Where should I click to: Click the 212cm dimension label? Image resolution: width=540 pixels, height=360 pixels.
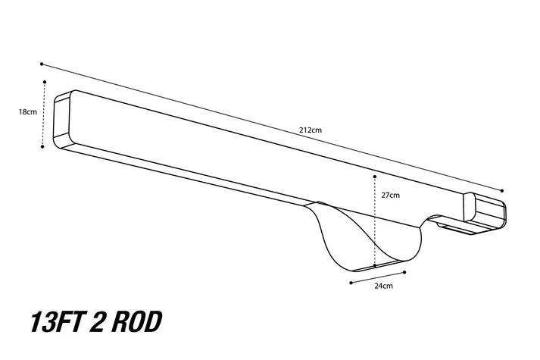[x=311, y=130]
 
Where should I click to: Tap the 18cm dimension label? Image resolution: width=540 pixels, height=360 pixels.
[x=27, y=112]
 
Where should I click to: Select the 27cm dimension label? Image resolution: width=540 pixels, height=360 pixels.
[x=390, y=195]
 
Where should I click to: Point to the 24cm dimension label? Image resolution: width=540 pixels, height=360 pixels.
[x=383, y=286]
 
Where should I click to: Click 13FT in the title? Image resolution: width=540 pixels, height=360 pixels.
[x=54, y=322]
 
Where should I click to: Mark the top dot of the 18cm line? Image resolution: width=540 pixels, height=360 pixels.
[x=45, y=81]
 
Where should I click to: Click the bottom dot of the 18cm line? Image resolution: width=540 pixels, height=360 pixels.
[x=42, y=146]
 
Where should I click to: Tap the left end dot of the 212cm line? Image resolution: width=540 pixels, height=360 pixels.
[x=42, y=64]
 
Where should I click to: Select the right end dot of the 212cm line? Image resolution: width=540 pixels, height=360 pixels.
[x=502, y=190]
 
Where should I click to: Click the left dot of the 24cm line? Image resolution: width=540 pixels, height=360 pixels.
[x=351, y=282]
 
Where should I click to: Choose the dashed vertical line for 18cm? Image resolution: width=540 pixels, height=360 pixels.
[x=44, y=114]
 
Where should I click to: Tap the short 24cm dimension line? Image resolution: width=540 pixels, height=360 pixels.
[x=378, y=277]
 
